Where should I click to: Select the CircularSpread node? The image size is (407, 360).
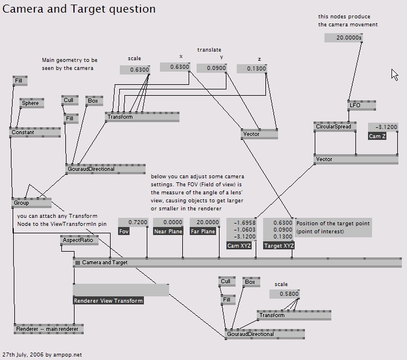pyautogui.click(x=332, y=127)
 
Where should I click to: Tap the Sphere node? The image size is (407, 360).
pyautogui.click(x=31, y=103)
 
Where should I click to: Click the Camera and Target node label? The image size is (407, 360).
pyautogui.click(x=105, y=263)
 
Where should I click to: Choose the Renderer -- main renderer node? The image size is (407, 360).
pyautogui.click(x=48, y=329)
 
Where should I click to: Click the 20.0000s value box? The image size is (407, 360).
pyautogui.click(x=344, y=38)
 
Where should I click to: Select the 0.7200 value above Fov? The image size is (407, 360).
pyautogui.click(x=133, y=222)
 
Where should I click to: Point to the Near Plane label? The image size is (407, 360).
pyautogui.click(x=169, y=232)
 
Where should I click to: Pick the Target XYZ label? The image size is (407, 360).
pyautogui.click(x=279, y=245)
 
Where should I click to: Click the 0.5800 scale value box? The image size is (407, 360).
pyautogui.click(x=284, y=294)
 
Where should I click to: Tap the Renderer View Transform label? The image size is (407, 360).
pyautogui.click(x=108, y=300)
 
